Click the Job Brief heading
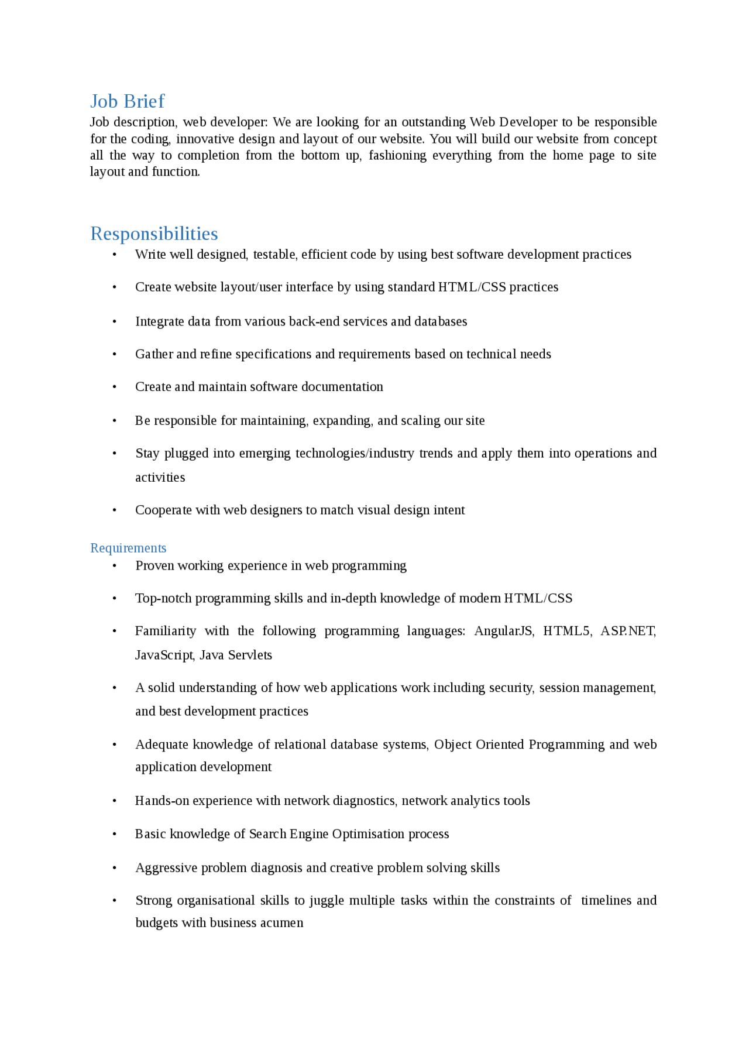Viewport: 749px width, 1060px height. pos(127,101)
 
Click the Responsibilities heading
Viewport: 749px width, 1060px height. pos(154,234)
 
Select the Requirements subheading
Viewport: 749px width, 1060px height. pos(128,548)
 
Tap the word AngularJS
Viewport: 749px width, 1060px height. pos(503,631)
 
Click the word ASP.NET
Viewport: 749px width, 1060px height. pos(628,631)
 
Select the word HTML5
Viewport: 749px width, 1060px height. pos(566,631)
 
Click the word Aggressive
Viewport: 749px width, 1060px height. pos(166,868)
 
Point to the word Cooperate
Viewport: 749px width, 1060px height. pos(163,510)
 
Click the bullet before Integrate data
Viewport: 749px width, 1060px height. pos(115,322)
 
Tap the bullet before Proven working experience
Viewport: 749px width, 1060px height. pos(115,566)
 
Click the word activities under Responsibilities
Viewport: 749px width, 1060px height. pos(160,478)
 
